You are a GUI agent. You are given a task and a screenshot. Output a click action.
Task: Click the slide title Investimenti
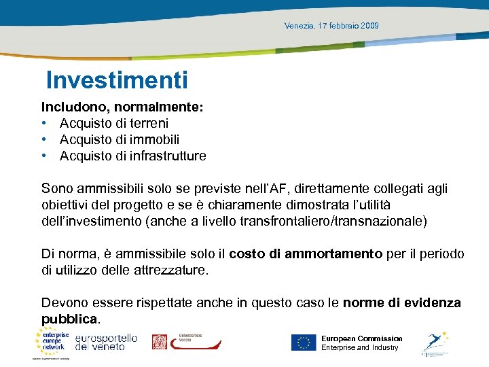pos(117,81)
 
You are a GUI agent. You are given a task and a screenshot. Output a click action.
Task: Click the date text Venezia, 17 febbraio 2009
pos(332,26)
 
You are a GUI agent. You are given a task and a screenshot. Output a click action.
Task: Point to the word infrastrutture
pos(166,156)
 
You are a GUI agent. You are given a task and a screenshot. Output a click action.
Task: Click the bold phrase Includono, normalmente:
pos(123,107)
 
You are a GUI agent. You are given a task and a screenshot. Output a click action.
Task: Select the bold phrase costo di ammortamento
pos(306,254)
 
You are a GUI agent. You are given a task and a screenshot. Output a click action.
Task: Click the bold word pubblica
pos(69,319)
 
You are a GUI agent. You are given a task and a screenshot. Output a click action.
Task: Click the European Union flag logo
pos(304,343)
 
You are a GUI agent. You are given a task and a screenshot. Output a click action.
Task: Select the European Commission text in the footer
pos(361,338)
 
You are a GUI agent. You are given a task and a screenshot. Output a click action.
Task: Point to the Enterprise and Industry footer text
pos(359,348)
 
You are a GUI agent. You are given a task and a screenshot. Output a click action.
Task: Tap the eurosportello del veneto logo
pos(106,342)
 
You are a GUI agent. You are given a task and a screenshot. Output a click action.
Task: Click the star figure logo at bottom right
pos(435,343)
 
